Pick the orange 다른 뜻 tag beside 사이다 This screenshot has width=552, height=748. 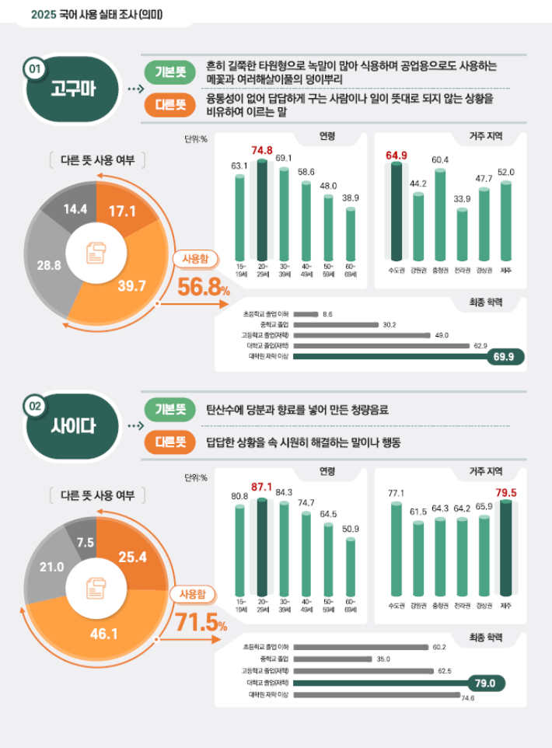click(170, 442)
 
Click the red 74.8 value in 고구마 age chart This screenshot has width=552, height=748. click(262, 150)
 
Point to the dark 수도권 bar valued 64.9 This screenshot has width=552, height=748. click(397, 211)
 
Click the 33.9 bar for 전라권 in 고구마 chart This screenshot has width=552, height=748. click(463, 235)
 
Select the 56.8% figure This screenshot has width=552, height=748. click(203, 288)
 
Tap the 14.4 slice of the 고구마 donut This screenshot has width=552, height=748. click(75, 208)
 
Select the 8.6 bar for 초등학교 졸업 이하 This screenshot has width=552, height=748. click(306, 314)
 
